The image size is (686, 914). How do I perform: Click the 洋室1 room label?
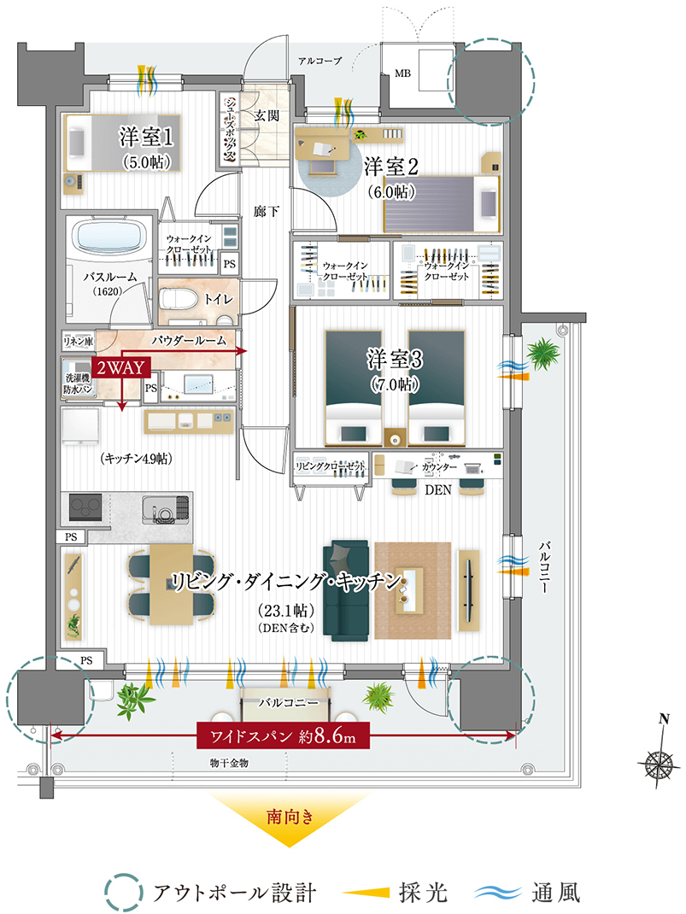[146, 137]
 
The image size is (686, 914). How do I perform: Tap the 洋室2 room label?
[391, 167]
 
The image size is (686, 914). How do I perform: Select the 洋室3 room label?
[395, 359]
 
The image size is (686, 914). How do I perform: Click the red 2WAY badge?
[120, 368]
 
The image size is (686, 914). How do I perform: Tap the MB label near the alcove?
[402, 73]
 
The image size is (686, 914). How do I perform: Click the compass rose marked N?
[660, 761]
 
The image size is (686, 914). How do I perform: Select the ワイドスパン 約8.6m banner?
[284, 735]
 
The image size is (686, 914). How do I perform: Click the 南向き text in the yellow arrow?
[290, 816]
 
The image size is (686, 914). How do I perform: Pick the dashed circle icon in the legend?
[124, 892]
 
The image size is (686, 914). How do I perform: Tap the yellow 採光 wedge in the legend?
[366, 893]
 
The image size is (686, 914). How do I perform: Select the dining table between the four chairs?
[171, 584]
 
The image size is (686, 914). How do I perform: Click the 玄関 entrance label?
[266, 115]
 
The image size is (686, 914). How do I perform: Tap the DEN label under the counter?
[437, 490]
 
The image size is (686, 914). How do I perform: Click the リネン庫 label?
[79, 341]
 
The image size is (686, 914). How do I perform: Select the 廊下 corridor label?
[267, 211]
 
